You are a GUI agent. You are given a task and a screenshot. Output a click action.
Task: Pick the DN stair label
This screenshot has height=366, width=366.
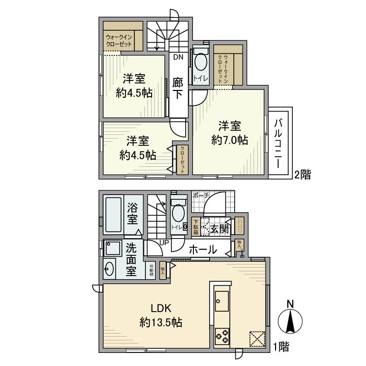click(x=178, y=58)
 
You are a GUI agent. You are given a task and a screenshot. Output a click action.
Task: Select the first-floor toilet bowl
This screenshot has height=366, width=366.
click(x=178, y=214)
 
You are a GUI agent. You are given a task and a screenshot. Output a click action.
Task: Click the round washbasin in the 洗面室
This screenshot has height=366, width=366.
click(x=110, y=269)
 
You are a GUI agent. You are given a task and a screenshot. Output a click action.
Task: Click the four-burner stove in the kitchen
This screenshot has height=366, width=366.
click(x=221, y=336)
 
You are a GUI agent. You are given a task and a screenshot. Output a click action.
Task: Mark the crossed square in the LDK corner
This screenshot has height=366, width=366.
click(x=257, y=338)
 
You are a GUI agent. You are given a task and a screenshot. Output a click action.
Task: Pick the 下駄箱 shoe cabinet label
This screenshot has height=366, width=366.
click(x=195, y=225)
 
